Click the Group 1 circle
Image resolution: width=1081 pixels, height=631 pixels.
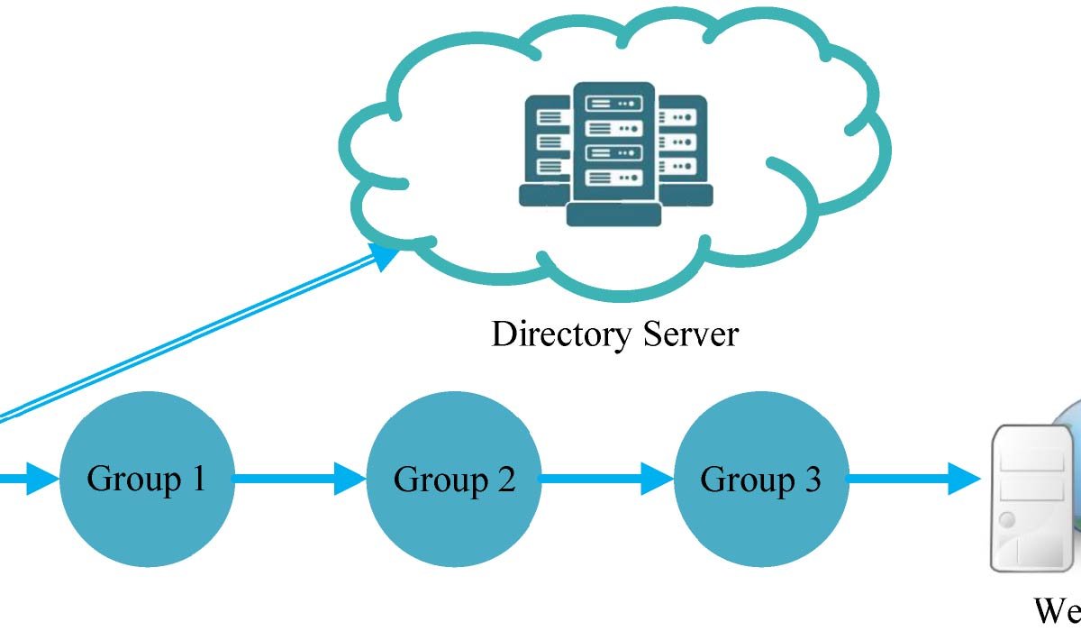[147, 479]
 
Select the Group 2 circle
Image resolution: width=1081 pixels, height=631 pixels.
[454, 479]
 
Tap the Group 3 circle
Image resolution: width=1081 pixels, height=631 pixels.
[761, 479]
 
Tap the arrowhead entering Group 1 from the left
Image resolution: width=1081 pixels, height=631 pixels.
[40, 479]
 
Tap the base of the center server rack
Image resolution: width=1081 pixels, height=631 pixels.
[613, 215]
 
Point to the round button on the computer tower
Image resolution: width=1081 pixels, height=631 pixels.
[1006, 520]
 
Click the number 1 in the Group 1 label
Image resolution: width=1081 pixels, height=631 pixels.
[196, 479]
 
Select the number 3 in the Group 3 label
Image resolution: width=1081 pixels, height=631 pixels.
[810, 479]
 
